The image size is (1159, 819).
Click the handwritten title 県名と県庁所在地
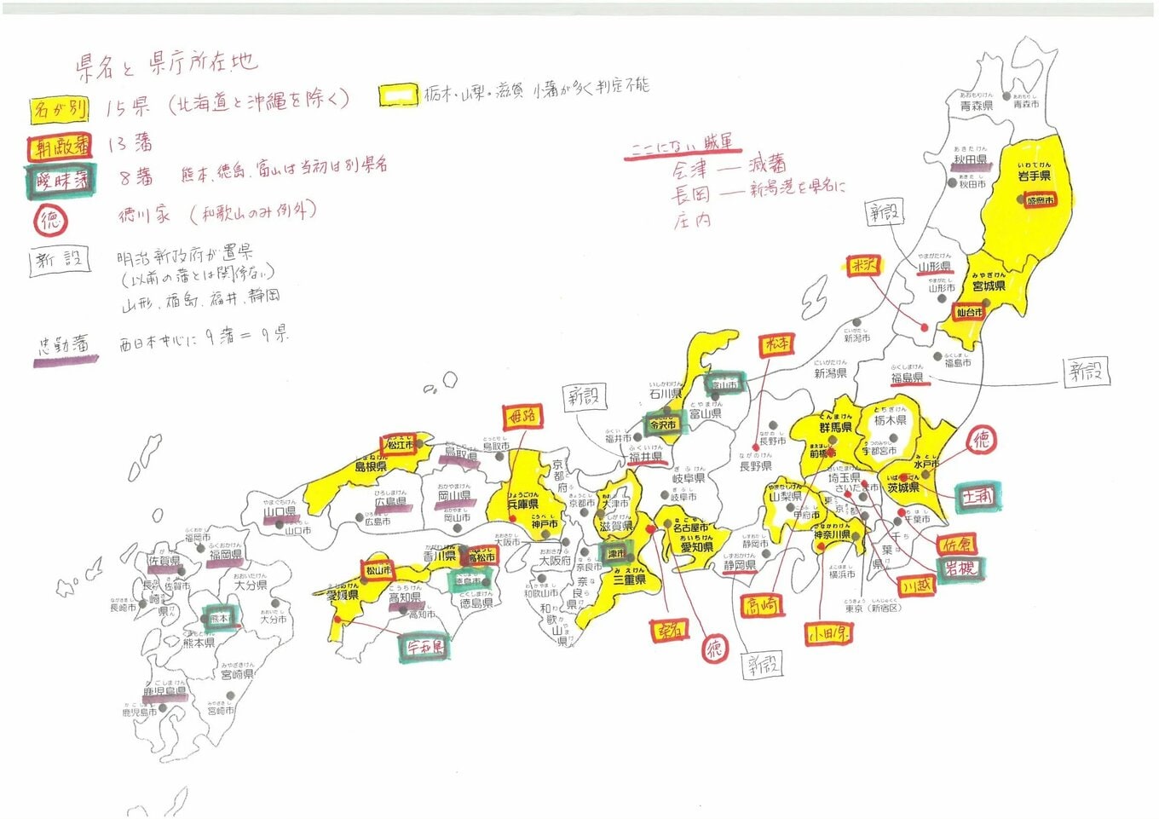(166, 64)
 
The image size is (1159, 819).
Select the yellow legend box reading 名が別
(60, 109)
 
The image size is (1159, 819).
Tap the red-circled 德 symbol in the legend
(50, 221)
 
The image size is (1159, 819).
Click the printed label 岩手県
(1034, 176)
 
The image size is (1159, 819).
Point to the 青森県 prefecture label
(976, 106)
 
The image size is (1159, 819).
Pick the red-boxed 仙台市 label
(969, 313)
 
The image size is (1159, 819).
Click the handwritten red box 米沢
(863, 265)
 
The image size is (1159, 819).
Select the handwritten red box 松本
(776, 344)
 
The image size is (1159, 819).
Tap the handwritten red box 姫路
(522, 416)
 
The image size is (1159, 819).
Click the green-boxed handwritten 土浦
(977, 496)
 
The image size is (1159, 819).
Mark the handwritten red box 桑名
(671, 631)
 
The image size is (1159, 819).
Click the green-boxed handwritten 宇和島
(424, 646)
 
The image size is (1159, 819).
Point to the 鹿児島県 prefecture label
(164, 693)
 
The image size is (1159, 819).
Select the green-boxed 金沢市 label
(663, 424)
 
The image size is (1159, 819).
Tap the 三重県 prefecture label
(629, 580)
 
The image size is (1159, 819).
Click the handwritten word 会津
(689, 170)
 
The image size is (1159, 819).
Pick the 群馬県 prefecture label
(835, 427)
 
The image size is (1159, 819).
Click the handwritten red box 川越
(917, 586)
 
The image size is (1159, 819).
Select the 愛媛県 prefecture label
(343, 596)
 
